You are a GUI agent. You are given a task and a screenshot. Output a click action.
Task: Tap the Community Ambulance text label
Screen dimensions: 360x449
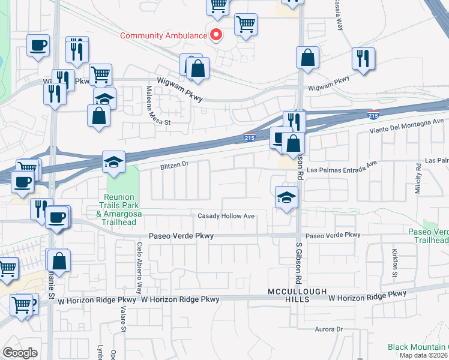point(163,35)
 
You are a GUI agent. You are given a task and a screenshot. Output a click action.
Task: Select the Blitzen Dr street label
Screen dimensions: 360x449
point(175,163)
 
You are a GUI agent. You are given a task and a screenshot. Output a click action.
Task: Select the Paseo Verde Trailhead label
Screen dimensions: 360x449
point(429,236)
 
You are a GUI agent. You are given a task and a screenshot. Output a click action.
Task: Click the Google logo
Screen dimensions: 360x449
point(20,352)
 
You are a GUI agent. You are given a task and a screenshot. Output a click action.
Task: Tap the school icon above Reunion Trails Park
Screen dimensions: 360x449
point(113,162)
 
